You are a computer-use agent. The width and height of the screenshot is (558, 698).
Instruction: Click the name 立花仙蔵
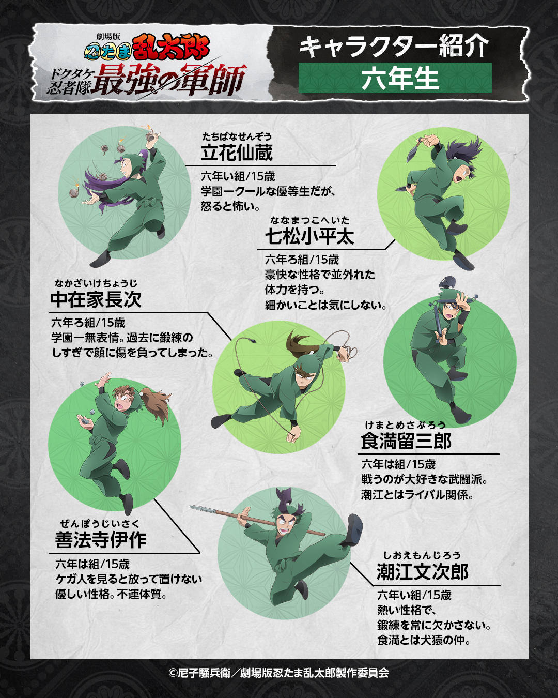[x=237, y=153]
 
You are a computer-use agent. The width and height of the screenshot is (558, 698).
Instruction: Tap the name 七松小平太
[x=309, y=236]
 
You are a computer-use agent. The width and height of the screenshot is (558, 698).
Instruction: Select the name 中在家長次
[x=96, y=299]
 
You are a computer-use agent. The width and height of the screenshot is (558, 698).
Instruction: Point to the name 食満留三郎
[x=406, y=441]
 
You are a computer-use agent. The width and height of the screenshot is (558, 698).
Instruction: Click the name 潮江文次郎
[x=423, y=571]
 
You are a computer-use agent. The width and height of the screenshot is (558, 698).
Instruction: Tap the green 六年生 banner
[x=395, y=78]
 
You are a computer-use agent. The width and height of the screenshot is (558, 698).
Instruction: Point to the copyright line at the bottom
[x=279, y=673]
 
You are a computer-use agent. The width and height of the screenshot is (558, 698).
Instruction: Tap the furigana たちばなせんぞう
[x=237, y=137]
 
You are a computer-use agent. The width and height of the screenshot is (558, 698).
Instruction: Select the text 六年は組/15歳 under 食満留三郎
[x=398, y=464]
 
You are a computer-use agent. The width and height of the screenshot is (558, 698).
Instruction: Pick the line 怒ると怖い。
[x=230, y=206]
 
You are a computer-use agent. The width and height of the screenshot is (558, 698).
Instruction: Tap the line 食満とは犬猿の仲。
[x=424, y=641]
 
